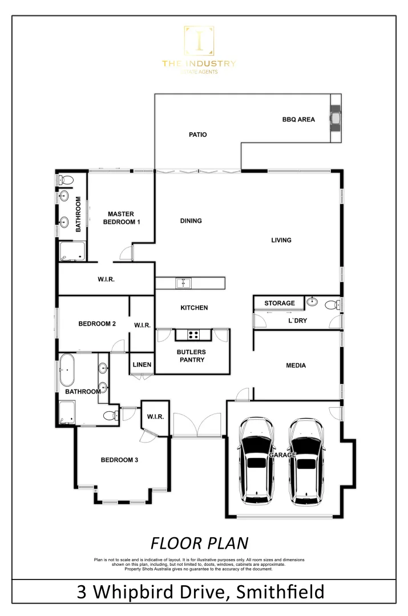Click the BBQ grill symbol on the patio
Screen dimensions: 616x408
335,119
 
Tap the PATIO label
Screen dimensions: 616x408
198,135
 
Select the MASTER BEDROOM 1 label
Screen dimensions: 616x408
120,217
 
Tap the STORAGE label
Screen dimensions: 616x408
280,303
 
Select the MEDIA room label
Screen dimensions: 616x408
296,366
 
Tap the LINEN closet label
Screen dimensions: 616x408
142,364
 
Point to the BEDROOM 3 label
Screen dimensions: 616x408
119,459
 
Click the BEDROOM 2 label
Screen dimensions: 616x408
97,323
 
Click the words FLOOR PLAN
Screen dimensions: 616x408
199,542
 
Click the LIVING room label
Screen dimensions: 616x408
281,240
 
